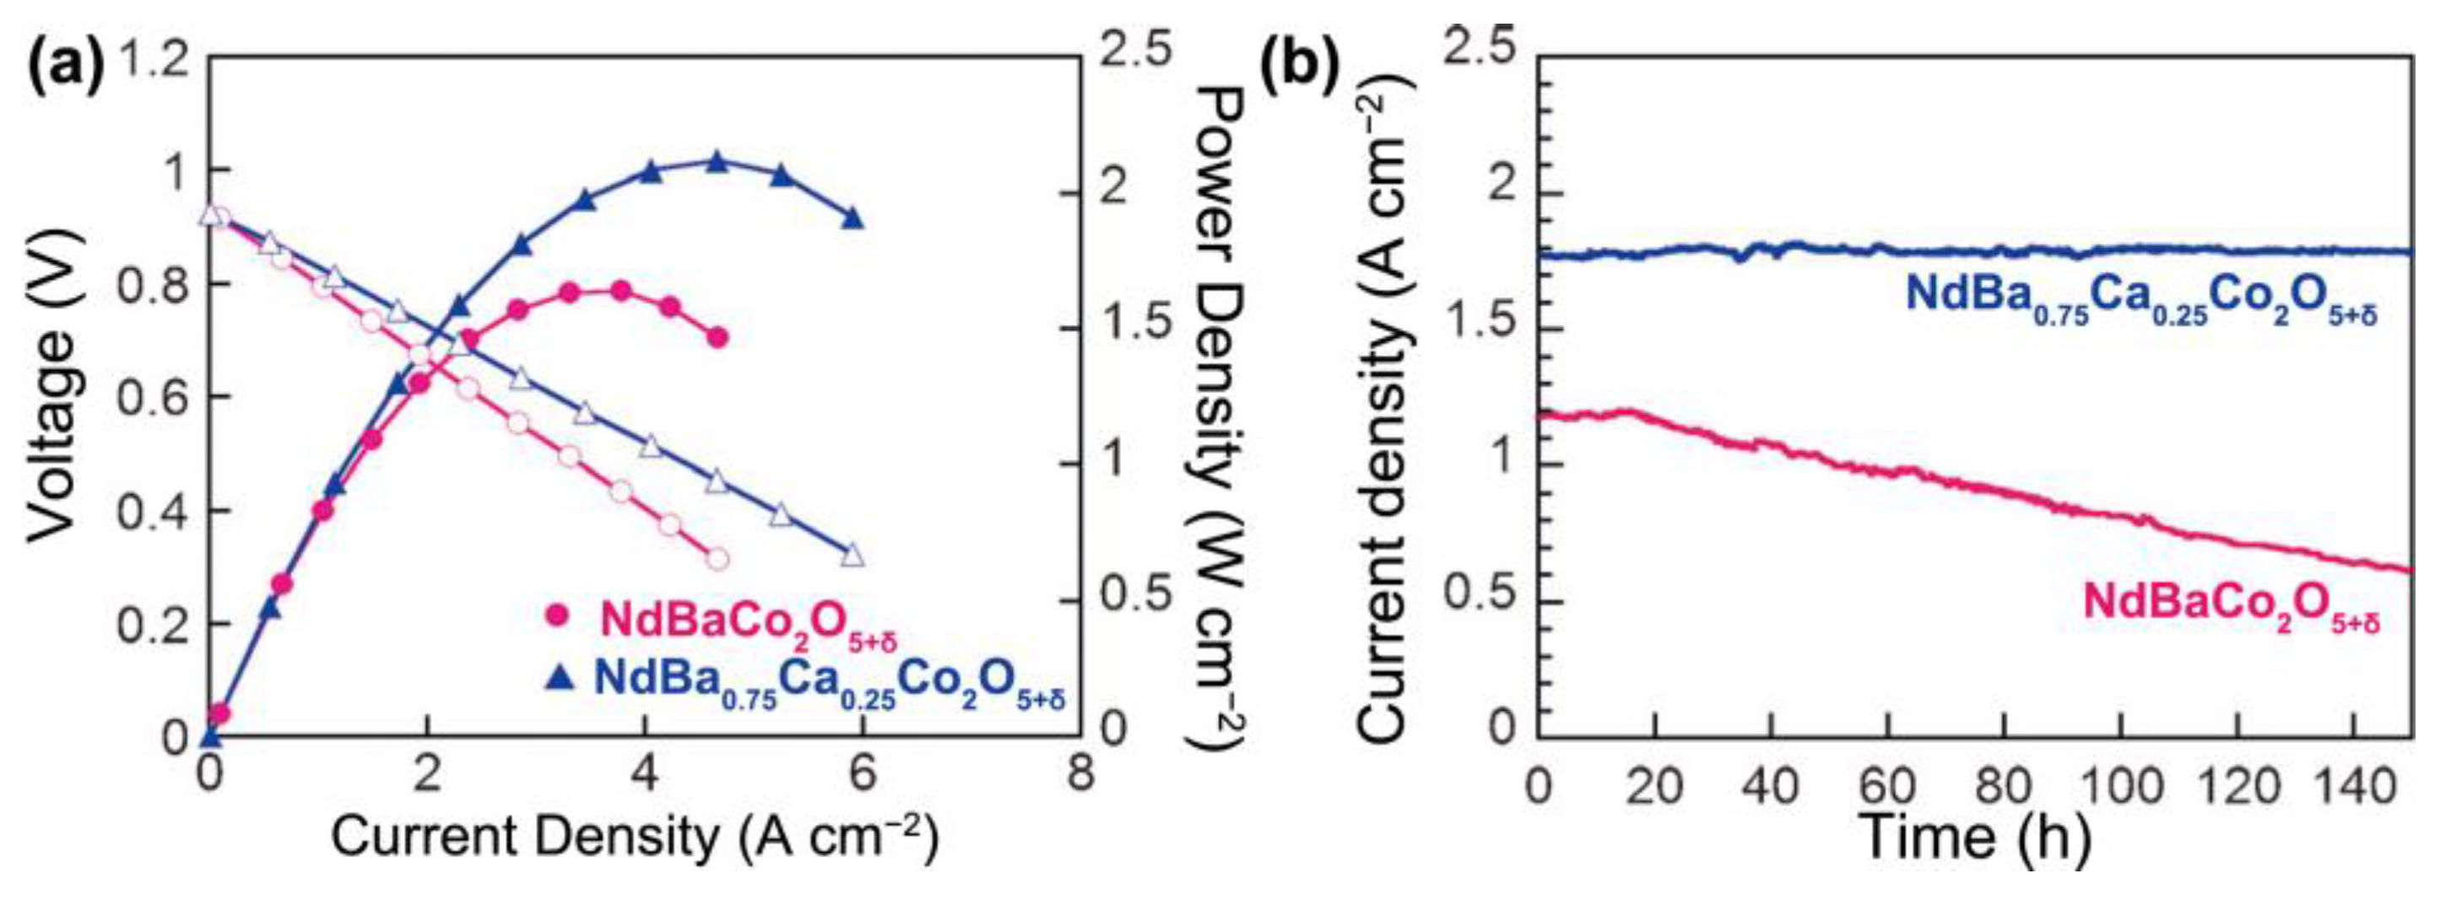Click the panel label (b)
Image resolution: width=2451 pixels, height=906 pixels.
[1301, 68]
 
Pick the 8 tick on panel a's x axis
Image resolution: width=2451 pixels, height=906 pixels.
[1080, 773]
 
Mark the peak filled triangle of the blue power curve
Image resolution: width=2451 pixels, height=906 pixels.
[717, 163]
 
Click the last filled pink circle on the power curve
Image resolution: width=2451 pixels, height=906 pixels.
[717, 338]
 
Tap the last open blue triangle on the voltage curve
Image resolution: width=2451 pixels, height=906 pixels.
[852, 555]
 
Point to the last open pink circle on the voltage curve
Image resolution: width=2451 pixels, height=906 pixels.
[717, 559]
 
